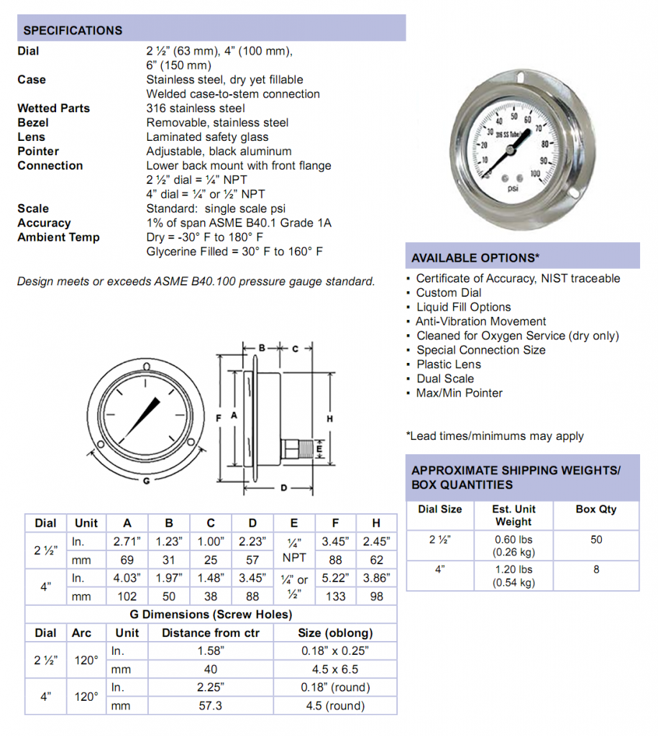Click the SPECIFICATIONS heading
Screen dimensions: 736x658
73,30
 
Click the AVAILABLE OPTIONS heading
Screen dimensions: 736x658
475,258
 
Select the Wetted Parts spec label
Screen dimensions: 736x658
54,108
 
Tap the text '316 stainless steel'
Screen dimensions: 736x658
196,108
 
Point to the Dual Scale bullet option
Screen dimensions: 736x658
445,379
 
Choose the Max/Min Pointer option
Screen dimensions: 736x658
459,393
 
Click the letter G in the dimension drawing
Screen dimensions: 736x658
146,481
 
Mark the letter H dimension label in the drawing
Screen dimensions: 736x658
329,418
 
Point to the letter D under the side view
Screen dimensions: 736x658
283,488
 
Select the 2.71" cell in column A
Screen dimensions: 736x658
127,541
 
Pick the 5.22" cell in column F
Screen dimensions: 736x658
335,578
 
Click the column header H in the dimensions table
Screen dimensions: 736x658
376,523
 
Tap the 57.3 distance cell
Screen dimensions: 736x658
210,706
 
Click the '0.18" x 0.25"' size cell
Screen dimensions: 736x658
335,650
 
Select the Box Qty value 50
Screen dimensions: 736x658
596,540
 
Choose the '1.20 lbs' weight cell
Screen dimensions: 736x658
513,569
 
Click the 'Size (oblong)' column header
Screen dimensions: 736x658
335,632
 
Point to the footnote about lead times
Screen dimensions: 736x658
495,436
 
